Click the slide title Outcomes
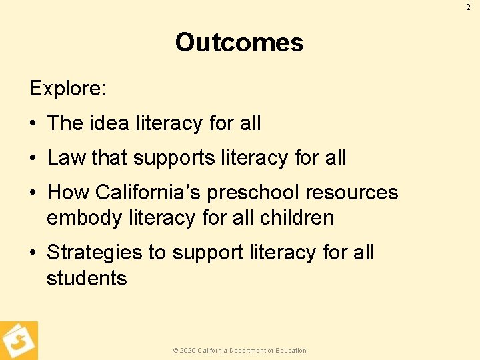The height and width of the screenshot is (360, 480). point(239,43)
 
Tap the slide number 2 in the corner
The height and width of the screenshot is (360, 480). point(468,7)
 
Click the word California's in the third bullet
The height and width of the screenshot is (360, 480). point(148,193)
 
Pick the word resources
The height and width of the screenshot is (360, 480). point(351,193)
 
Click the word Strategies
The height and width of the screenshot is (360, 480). point(95,253)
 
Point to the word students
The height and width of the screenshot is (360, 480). point(87,278)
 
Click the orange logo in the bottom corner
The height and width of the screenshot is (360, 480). point(19,341)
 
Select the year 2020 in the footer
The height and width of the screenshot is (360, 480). point(187,351)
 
